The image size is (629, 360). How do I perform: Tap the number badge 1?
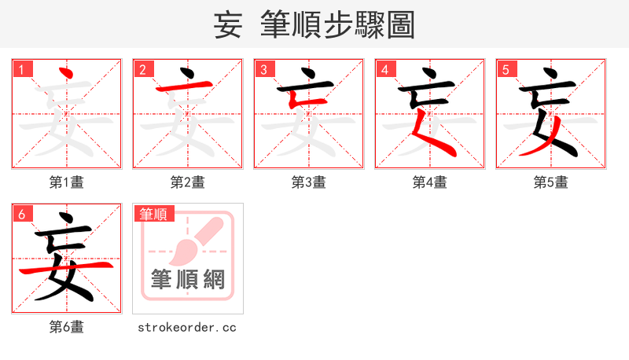[x=21, y=69]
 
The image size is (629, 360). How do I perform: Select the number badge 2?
[x=142, y=69]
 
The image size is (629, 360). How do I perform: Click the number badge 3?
[x=263, y=69]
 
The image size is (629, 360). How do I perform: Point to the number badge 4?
[x=384, y=69]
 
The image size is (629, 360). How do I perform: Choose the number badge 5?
[x=506, y=69]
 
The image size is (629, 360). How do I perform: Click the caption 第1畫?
[x=67, y=182]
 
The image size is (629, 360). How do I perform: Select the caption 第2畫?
[x=188, y=182]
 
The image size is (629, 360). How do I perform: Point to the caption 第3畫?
[x=309, y=182]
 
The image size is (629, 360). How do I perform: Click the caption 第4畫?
[x=430, y=182]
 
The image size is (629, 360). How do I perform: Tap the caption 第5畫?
[x=551, y=182]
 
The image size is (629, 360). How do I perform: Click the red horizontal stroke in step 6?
[x=67, y=269]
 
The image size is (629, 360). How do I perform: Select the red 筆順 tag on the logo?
[x=154, y=213]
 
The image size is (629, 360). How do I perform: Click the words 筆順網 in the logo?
[x=188, y=280]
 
